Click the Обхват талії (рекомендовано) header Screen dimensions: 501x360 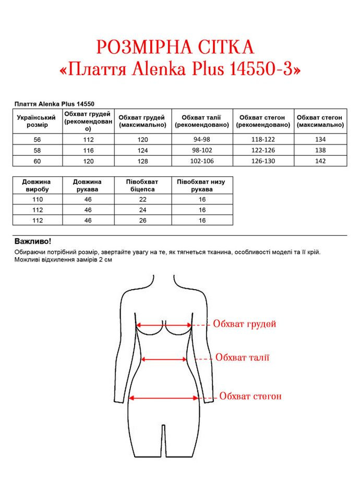click(202, 122)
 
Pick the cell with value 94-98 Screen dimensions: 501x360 click(202, 139)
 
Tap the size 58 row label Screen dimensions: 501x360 click(37, 150)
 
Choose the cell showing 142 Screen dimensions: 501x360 click(320, 161)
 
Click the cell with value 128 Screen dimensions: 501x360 click(142, 161)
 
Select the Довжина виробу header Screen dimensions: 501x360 click(37, 185)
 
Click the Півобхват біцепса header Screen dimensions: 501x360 click(142, 185)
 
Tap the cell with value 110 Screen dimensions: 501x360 click(37, 199)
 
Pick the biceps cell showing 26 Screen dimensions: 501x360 click(142, 220)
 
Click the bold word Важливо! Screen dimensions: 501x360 click(33, 242)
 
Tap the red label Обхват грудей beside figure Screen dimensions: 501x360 click(244, 324)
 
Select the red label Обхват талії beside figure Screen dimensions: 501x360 click(242, 357)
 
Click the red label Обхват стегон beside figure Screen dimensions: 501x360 click(250, 397)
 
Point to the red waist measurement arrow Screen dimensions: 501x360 click(164, 359)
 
